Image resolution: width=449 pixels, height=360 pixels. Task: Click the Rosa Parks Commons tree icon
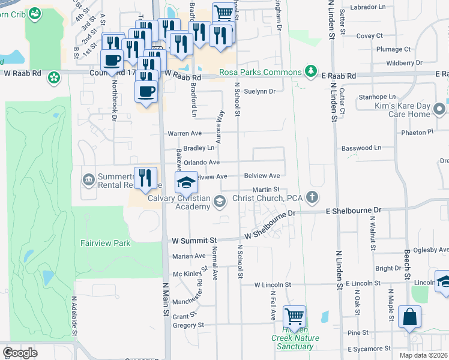coord(310,72)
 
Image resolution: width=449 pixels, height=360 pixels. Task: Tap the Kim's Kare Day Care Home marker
coord(439,109)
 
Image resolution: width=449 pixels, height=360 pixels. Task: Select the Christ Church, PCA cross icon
coord(312,197)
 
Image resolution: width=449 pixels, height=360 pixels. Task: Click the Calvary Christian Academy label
coord(179,202)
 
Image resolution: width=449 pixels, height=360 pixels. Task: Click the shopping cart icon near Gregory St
coord(294,316)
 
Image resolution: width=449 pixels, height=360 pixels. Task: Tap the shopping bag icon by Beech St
coord(409,317)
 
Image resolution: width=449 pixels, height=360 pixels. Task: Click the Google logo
coord(20,353)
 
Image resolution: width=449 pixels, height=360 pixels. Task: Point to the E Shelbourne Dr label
coord(354,211)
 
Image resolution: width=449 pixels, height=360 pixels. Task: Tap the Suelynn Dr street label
coord(263,92)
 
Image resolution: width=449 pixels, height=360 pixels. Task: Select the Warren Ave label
coord(183,133)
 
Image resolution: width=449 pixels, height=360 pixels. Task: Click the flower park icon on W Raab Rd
coord(54,77)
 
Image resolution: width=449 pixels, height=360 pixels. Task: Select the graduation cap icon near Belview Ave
coord(186,181)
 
